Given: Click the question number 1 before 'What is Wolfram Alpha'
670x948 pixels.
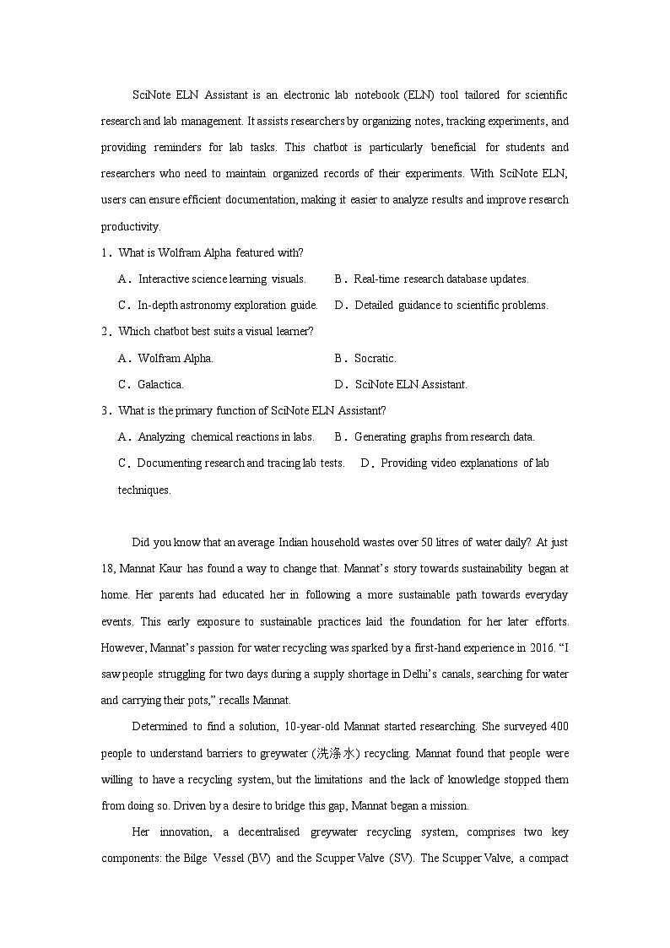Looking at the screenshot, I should [x=105, y=253].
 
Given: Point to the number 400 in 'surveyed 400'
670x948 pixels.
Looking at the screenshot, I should [x=559, y=727].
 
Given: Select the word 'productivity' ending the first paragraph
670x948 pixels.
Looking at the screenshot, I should [x=130, y=227].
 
